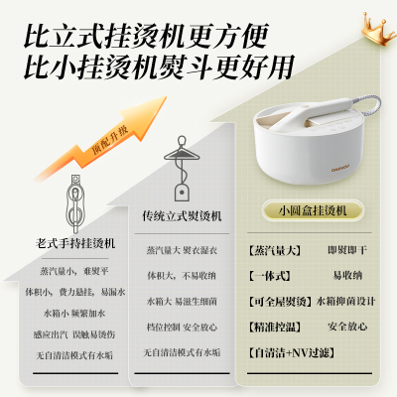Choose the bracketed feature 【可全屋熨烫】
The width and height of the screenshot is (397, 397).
click(280, 300)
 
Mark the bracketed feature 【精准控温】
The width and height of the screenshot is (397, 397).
click(274, 325)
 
